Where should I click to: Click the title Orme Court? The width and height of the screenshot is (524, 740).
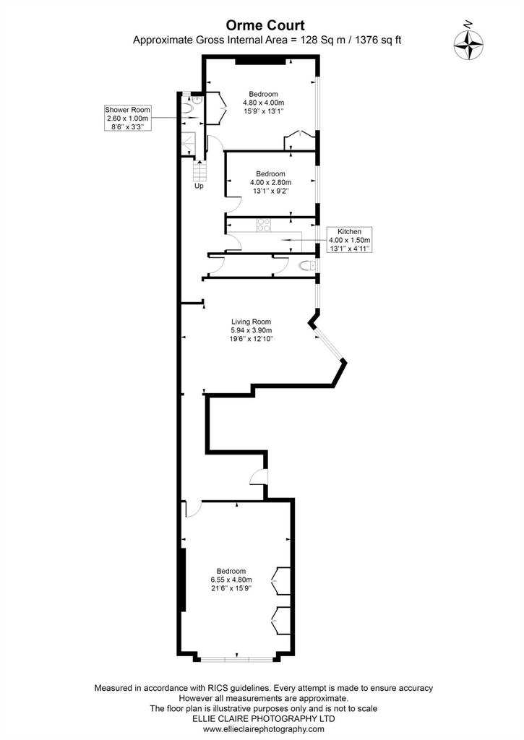tap(265, 25)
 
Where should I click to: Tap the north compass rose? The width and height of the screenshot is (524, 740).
tap(468, 44)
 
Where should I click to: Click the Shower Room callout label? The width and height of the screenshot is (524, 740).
tap(127, 118)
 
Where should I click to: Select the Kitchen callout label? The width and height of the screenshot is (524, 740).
tap(349, 239)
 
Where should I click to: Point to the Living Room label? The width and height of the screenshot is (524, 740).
tap(251, 330)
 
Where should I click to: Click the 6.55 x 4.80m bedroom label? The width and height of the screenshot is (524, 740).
tap(231, 580)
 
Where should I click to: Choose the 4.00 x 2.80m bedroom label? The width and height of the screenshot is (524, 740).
tap(270, 182)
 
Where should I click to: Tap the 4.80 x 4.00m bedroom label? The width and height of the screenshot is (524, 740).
tap(263, 103)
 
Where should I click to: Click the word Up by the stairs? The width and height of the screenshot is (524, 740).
tap(199, 186)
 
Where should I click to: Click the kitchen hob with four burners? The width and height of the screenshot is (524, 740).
tap(263, 225)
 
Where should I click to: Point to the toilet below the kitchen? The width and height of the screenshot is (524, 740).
tap(308, 266)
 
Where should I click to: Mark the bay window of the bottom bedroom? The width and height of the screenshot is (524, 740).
tap(236, 658)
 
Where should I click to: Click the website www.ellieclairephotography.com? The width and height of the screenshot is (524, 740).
tap(263, 729)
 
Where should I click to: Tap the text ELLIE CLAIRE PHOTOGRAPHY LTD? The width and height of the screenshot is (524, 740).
tap(263, 719)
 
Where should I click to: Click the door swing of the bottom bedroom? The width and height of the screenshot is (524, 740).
tap(194, 509)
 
